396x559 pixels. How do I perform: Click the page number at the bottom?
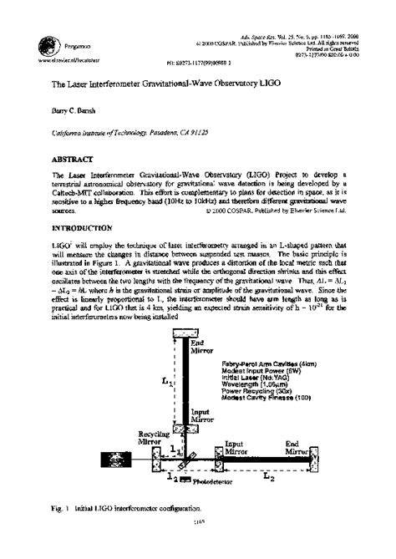(199, 543)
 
